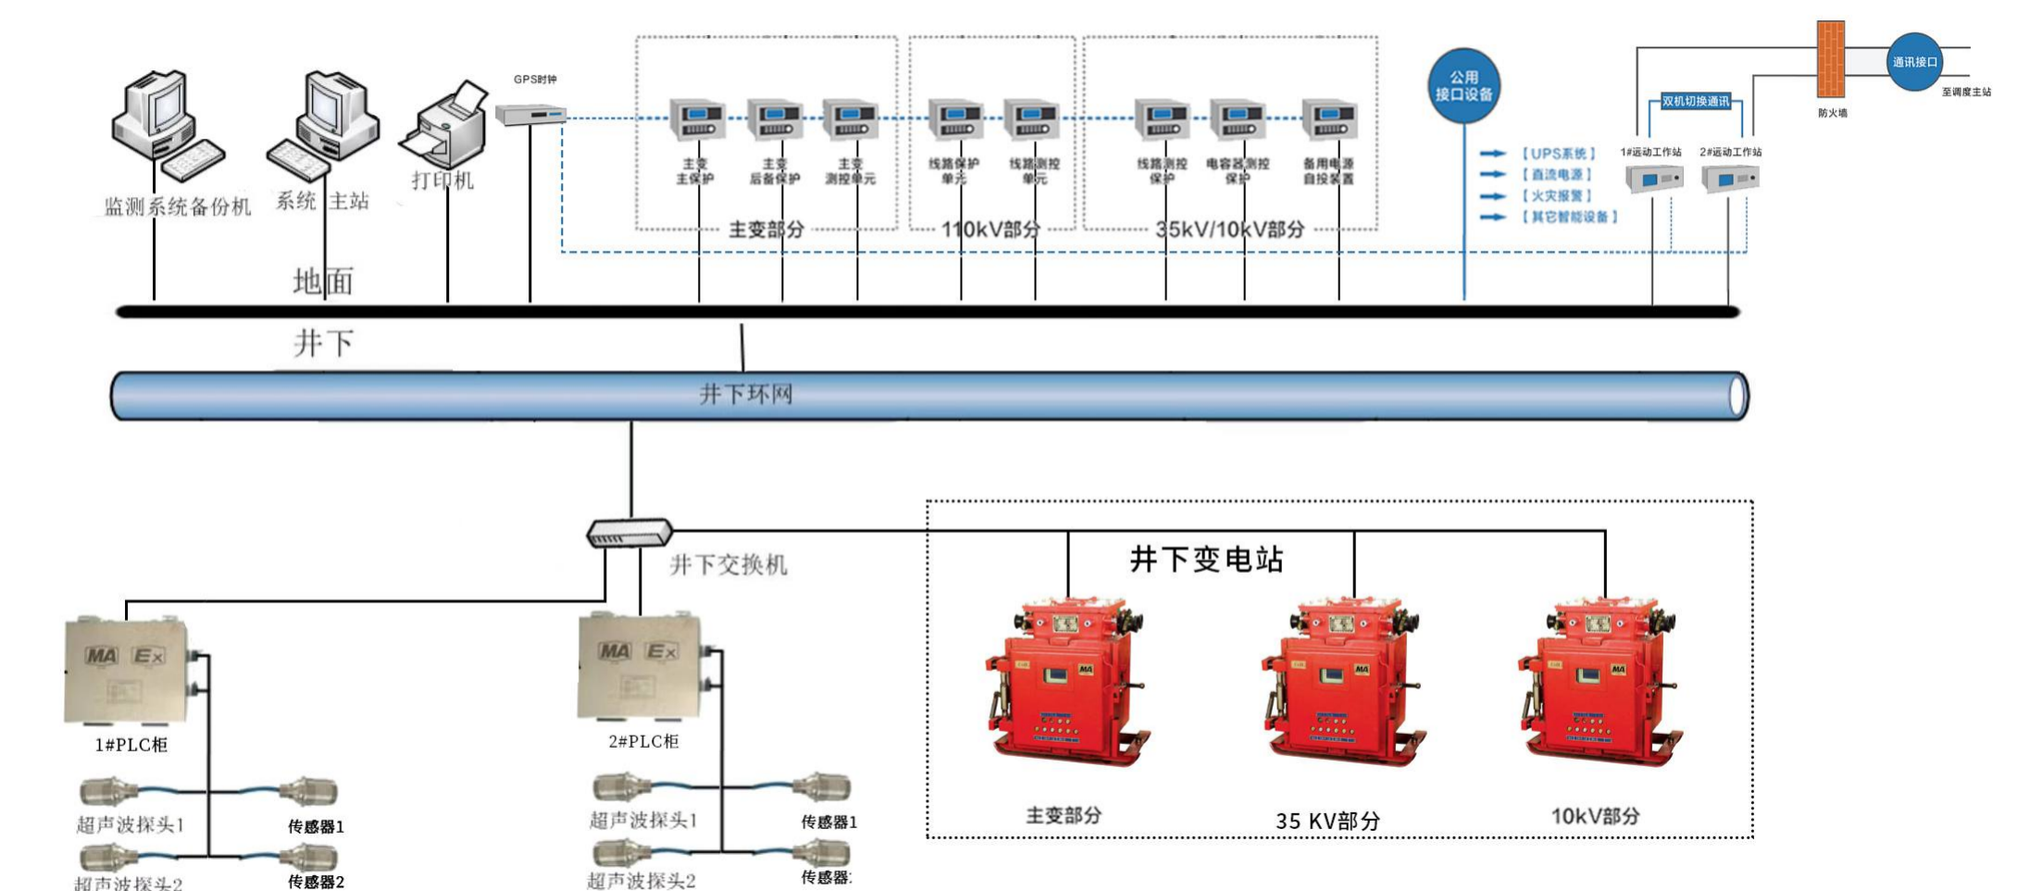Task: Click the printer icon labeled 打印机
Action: click(445, 126)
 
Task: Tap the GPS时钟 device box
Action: click(529, 115)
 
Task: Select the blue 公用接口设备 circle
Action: click(1463, 86)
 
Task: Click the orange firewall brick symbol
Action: click(1830, 59)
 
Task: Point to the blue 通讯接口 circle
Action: click(1913, 62)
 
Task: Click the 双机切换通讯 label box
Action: click(1695, 102)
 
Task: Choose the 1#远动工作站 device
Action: click(1654, 178)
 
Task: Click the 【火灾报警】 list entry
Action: click(1556, 196)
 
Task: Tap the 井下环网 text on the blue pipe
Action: click(746, 395)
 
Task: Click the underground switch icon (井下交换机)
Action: click(629, 533)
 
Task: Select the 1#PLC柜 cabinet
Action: click(127, 671)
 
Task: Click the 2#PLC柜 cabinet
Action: click(640, 666)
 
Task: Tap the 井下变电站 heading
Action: click(1206, 560)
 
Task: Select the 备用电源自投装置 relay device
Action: click(1328, 120)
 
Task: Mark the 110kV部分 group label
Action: click(990, 229)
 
